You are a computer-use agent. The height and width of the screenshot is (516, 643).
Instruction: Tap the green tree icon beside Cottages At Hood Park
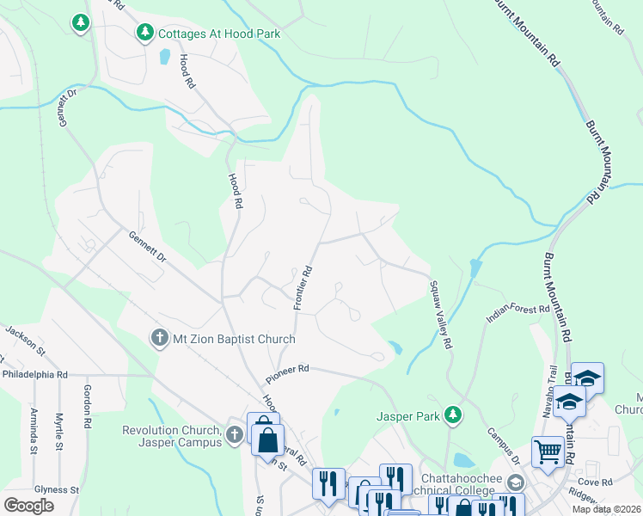tap(145, 34)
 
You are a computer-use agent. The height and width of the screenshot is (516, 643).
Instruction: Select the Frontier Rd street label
tap(302, 287)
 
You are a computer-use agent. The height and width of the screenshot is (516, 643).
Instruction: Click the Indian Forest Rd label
tap(517, 312)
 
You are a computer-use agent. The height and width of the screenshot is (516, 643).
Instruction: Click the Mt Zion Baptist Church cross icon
tap(158, 337)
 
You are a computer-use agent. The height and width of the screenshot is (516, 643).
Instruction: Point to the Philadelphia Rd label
tap(34, 375)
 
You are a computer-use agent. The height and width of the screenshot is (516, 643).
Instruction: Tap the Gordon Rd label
tap(87, 406)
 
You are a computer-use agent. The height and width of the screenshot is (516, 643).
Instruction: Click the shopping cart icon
tap(547, 450)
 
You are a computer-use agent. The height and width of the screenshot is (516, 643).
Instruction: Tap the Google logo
tap(28, 505)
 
